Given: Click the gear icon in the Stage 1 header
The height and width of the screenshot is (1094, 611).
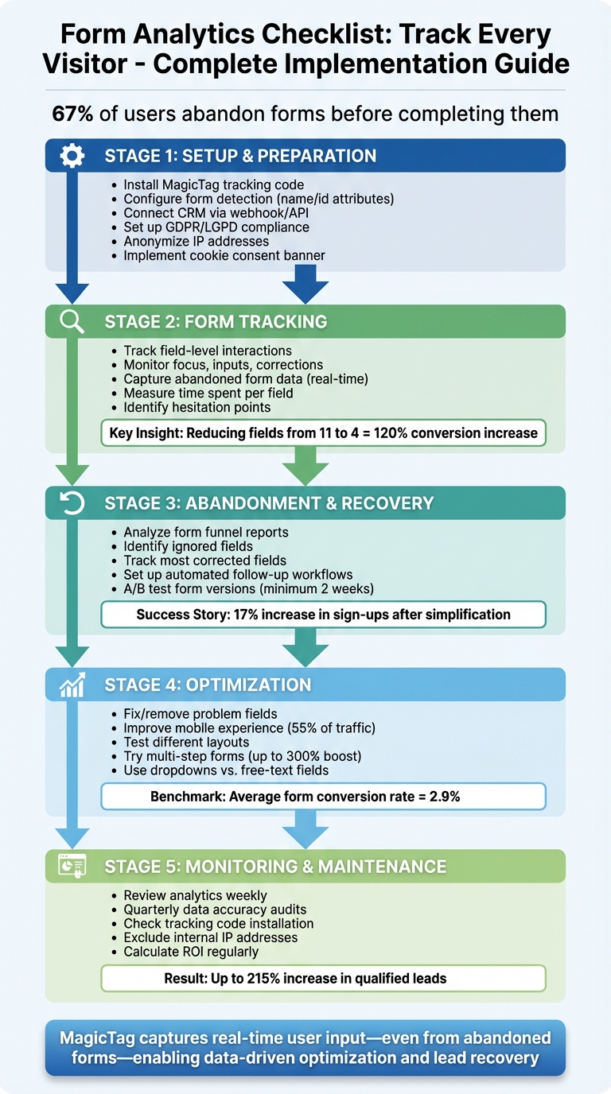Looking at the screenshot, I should coord(72,157).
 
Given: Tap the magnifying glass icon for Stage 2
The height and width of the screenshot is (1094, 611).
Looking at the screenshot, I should coord(72,322).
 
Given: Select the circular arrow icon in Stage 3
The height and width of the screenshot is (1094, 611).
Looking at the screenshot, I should coord(72,503).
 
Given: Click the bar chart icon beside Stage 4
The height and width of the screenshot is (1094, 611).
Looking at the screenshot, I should coord(72,685).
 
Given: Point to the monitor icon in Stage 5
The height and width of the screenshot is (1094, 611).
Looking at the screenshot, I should coord(72,866).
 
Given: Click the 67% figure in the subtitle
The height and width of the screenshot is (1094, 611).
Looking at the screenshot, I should coord(72,114).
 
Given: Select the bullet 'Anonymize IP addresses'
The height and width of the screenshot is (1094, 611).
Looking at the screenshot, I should coord(196,241).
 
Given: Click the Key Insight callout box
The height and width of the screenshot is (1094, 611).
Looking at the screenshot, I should coord(323,433).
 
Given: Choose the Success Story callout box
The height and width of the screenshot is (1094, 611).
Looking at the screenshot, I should coord(323,615).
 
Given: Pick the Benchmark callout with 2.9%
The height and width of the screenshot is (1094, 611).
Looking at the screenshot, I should coord(323,796).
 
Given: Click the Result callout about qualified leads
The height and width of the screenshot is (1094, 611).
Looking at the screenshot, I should coord(323,978).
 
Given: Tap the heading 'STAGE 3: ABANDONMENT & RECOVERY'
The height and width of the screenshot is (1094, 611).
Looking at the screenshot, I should coord(269,503).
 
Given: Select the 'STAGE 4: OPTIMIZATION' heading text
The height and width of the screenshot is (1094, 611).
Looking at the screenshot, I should coord(208,685).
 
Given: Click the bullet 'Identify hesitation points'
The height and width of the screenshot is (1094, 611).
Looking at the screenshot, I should coord(197,407).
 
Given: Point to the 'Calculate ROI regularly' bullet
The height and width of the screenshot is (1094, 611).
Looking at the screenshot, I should coord(191,952).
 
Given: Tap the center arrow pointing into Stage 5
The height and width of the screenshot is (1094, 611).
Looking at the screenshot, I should coord(305,829).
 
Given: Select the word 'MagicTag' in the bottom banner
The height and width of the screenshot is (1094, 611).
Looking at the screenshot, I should coord(101,1038).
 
